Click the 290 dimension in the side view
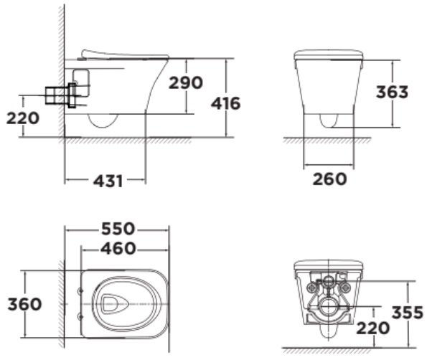[x=185, y=83]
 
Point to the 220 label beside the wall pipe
[x=23, y=118]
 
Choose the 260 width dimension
[x=329, y=178]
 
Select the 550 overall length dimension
[x=118, y=229]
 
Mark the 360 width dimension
[x=23, y=303]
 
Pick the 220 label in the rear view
[x=372, y=328]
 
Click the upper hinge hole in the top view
[x=78, y=290]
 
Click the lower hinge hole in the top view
[x=78, y=316]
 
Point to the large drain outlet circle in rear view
[x=329, y=307]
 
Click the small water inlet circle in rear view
[x=329, y=281]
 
